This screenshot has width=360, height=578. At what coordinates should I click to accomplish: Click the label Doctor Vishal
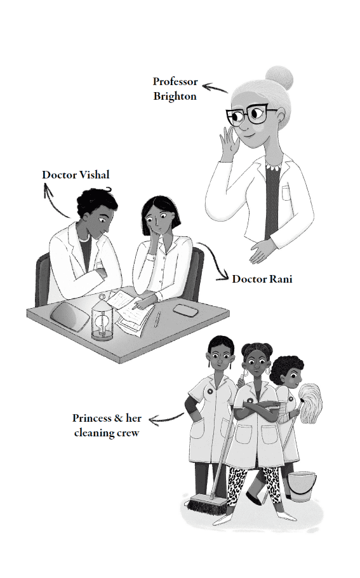coord(76,175)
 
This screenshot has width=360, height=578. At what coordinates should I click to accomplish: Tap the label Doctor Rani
coord(262,279)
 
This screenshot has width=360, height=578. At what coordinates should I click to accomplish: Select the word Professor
coord(175,81)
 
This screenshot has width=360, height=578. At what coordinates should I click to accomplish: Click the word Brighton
coord(175,96)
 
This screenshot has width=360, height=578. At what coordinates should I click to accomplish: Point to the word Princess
coord(92,418)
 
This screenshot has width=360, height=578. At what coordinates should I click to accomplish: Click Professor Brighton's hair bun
coord(279,77)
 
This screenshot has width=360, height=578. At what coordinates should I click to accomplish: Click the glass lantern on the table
coord(102,317)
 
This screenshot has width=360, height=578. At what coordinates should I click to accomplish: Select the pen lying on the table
coord(157,319)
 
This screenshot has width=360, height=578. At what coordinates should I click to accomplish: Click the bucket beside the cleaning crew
coord(302,486)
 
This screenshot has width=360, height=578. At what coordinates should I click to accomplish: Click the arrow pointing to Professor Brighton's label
coord(215,88)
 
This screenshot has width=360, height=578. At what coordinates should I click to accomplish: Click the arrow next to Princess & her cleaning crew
coord(166,419)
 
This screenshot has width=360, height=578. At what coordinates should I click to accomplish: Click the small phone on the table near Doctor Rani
coord(185,310)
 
